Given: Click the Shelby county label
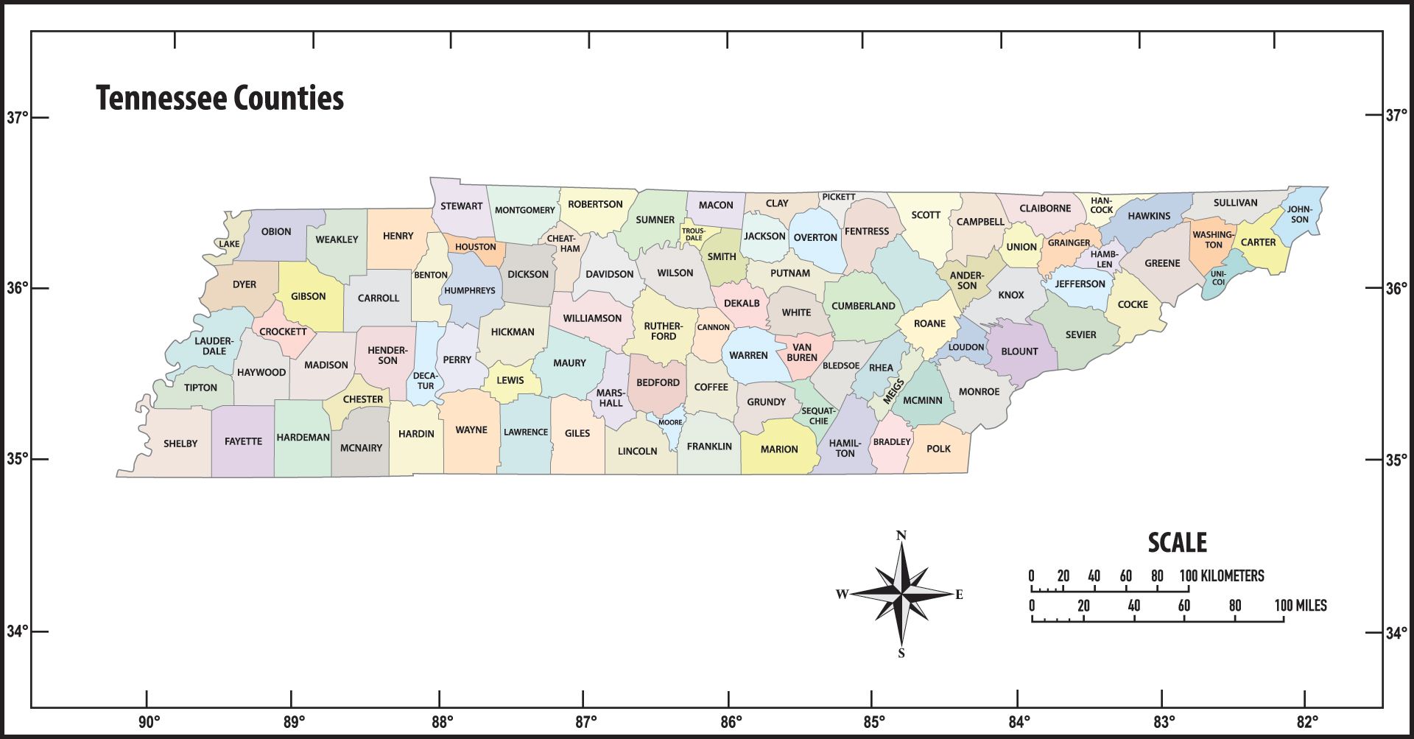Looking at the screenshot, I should click(x=180, y=444).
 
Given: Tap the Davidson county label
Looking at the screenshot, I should click(x=609, y=274).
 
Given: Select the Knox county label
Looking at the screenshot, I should click(x=1010, y=295).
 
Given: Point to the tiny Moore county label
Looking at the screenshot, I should click(x=670, y=422).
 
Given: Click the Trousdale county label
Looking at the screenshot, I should click(x=693, y=234).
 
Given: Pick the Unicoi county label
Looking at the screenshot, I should click(x=1218, y=278).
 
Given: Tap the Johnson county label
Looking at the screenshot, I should click(x=1299, y=214).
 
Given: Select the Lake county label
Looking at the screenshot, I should click(x=229, y=244).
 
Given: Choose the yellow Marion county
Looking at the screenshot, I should click(x=778, y=449).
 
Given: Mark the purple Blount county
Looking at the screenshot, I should click(x=1019, y=351).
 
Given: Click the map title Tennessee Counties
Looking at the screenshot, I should click(x=219, y=98).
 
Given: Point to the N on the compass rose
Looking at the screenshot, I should click(x=901, y=536).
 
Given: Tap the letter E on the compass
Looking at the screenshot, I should click(x=959, y=595).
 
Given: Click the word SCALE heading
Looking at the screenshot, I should click(x=1177, y=543).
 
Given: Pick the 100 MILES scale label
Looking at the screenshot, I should click(x=1301, y=606).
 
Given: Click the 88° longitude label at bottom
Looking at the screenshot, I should click(x=442, y=721).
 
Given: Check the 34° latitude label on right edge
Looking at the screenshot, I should click(x=1396, y=632).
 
